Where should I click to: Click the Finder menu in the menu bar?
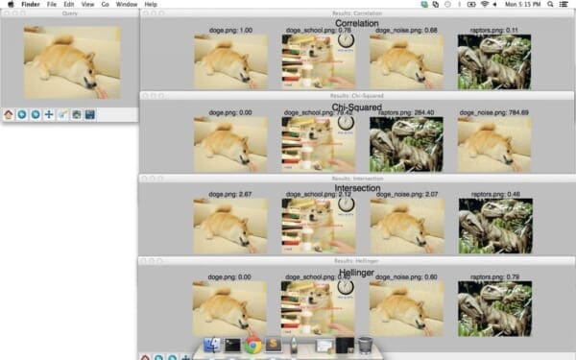pyautogui.click(x=31, y=5)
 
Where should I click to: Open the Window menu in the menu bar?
pyautogui.click(x=125, y=5)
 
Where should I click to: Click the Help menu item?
pyautogui.click(x=151, y=5)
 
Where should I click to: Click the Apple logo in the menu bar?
pyautogui.click(x=8, y=5)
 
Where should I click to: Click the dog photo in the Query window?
pyautogui.click(x=72, y=62)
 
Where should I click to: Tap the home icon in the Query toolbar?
pyautogui.click(x=9, y=114)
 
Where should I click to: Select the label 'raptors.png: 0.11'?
pyautogui.click(x=493, y=31)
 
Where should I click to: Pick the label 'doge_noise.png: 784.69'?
pyautogui.click(x=493, y=112)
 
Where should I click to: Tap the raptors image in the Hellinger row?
pyautogui.click(x=493, y=308)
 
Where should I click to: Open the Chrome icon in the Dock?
pyautogui.click(x=252, y=345)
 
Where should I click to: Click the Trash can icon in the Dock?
pyautogui.click(x=365, y=345)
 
